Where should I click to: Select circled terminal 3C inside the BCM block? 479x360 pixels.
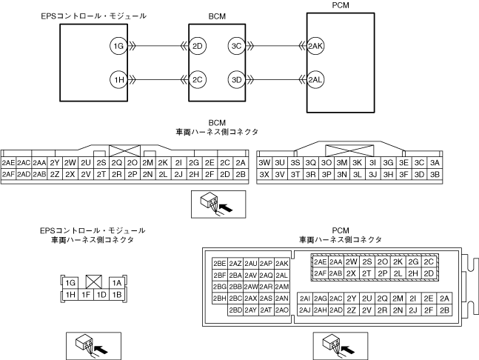(x=237, y=47)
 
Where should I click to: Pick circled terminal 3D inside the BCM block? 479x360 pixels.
(x=237, y=79)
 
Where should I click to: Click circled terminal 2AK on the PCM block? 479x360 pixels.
(x=315, y=47)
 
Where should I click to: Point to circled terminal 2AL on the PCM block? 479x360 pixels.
(x=315, y=79)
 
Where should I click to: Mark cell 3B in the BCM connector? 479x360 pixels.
(x=435, y=174)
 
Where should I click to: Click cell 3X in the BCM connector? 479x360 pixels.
(x=264, y=174)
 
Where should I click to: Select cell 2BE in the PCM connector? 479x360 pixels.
(x=219, y=264)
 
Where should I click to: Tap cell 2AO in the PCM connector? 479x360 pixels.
(x=281, y=310)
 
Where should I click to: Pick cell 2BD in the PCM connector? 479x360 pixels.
(x=235, y=310)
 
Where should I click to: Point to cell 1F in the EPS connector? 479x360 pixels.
(x=87, y=295)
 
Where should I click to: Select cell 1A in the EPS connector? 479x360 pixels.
(x=116, y=283)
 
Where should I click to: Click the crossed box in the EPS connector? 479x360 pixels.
(x=94, y=283)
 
